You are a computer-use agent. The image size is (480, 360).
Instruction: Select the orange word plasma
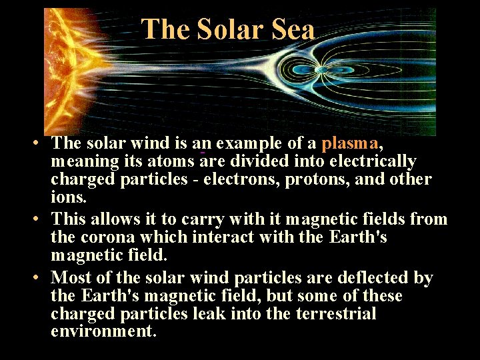pos(350,143)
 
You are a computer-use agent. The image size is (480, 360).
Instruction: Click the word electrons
pos(237,180)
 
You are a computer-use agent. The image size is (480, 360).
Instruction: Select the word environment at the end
pos(103,331)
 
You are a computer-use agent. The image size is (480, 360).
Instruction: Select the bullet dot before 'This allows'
pos(41,219)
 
